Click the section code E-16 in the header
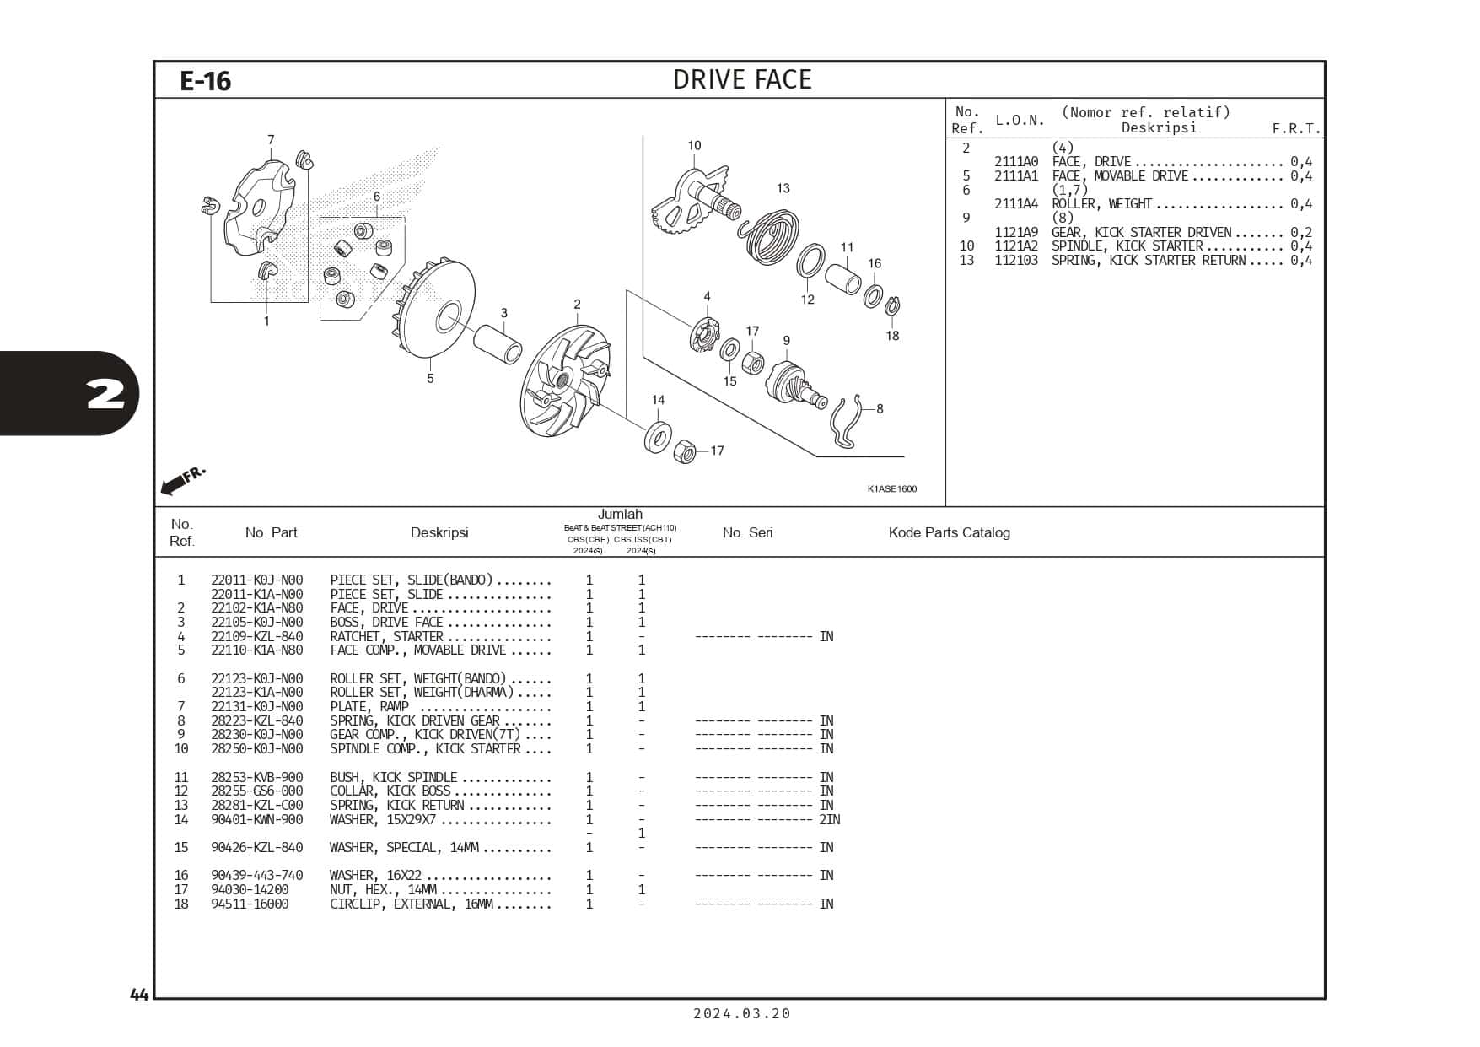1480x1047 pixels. pyautogui.click(x=205, y=81)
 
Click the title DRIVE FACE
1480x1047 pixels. pyautogui.click(x=742, y=79)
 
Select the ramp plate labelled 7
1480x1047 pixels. pyautogui.click(x=258, y=208)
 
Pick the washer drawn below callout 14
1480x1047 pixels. pyautogui.click(x=658, y=436)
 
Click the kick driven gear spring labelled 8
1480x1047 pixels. pyautogui.click(x=847, y=423)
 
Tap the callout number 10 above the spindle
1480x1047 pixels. pyautogui.click(x=694, y=146)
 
